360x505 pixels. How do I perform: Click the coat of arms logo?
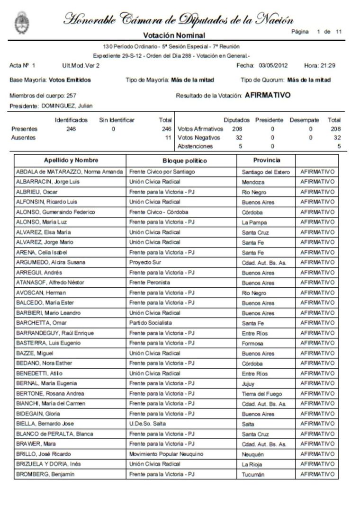pos(21,23)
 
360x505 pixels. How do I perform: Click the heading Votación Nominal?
pos(174,35)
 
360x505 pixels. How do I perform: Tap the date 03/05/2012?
pos(273,65)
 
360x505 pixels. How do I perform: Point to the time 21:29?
pos(327,65)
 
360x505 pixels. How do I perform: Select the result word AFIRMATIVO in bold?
pos(268,95)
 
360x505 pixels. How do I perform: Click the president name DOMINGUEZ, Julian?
pos(67,106)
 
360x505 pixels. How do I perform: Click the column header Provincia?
pos(266,160)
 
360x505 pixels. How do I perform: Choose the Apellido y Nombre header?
pos(71,160)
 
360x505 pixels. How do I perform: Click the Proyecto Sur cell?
pos(145,262)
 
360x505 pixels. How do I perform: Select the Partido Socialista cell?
pos(152,323)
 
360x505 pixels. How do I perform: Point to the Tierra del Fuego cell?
pos(261,394)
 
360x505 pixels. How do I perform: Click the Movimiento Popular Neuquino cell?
pos(166,454)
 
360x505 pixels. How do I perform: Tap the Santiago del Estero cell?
pos(266,172)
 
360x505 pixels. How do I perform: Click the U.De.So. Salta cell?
pos(147,424)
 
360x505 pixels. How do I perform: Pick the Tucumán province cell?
pos(253,474)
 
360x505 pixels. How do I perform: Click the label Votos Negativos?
pos(198,138)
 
